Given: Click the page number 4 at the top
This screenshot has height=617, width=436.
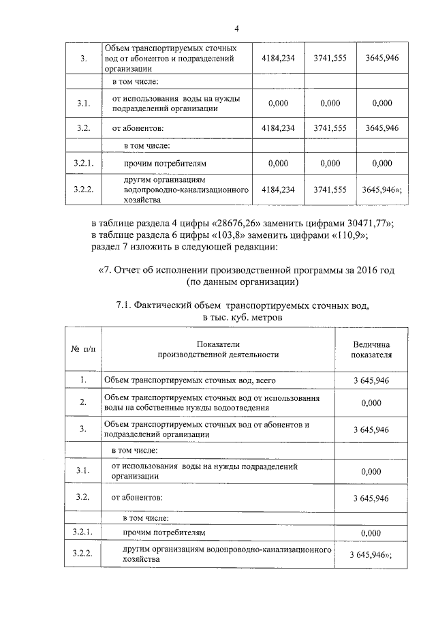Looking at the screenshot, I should (236, 29).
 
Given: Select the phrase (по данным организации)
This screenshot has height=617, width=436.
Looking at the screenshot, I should (242, 281).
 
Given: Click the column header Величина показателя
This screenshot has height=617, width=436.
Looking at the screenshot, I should (371, 350).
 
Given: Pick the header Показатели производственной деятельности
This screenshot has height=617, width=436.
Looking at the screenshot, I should (218, 350).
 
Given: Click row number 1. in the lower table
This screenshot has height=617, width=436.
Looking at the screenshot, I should (83, 380).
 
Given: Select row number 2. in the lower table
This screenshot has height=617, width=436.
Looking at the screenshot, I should (83, 402).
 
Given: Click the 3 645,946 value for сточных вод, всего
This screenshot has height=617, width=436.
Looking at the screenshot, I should (371, 380).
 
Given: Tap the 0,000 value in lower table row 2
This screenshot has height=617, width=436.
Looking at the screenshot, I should (371, 403).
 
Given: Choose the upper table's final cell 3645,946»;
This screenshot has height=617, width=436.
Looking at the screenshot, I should (382, 191).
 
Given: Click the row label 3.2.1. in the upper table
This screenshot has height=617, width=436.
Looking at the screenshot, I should (83, 163).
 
